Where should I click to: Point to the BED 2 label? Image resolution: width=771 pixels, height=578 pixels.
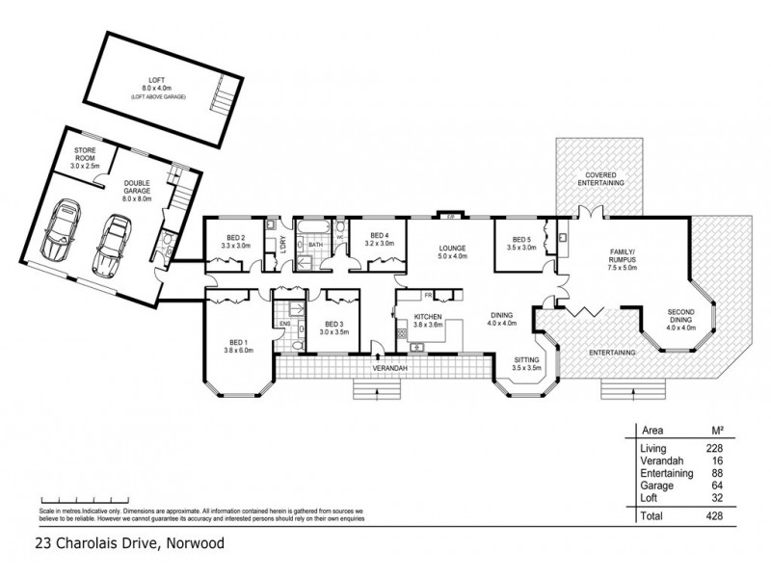click(x=236, y=242)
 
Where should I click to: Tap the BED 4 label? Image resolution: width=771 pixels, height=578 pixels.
click(x=379, y=240)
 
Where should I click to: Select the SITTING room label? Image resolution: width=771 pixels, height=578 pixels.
click(x=525, y=363)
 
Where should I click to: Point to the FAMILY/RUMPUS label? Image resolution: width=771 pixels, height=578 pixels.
click(x=624, y=255)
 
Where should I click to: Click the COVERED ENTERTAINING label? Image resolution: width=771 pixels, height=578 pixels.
click(x=599, y=178)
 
